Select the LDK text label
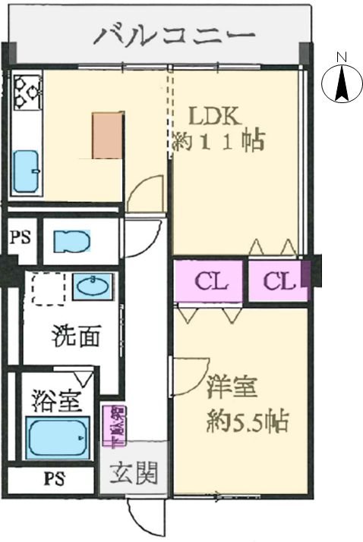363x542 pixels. (215, 117)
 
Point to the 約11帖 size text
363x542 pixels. (217, 141)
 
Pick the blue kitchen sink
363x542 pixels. (26, 171)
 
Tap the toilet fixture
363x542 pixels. (72, 240)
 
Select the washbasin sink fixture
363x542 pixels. (93, 286)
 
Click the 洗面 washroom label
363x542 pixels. (76, 336)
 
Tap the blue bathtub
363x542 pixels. (58, 438)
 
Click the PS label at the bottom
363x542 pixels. (53, 478)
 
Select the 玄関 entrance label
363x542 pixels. (136, 475)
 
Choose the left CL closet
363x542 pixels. (210, 281)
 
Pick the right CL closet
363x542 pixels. (279, 281)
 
